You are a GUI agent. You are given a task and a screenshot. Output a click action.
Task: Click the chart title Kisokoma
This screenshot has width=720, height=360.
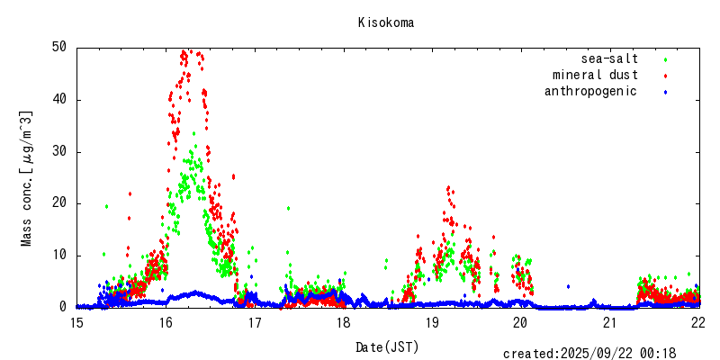(x=385, y=22)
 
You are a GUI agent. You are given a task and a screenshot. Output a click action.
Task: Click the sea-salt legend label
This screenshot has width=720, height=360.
(x=609, y=59)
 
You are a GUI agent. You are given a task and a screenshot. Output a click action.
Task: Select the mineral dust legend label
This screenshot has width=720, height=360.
(x=595, y=76)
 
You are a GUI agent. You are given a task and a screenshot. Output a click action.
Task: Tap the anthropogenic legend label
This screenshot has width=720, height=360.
(x=590, y=92)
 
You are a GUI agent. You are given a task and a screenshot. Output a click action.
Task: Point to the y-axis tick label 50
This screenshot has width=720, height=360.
(x=59, y=47)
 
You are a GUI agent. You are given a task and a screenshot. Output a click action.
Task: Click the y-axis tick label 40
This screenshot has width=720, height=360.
(x=59, y=99)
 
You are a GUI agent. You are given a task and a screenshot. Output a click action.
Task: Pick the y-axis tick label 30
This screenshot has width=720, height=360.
(x=59, y=151)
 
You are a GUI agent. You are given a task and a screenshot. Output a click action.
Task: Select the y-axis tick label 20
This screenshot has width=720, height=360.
(x=59, y=203)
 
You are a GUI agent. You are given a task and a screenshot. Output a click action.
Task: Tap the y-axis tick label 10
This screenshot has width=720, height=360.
(x=59, y=255)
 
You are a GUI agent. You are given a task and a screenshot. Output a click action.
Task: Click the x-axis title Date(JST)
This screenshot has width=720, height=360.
(x=387, y=346)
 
